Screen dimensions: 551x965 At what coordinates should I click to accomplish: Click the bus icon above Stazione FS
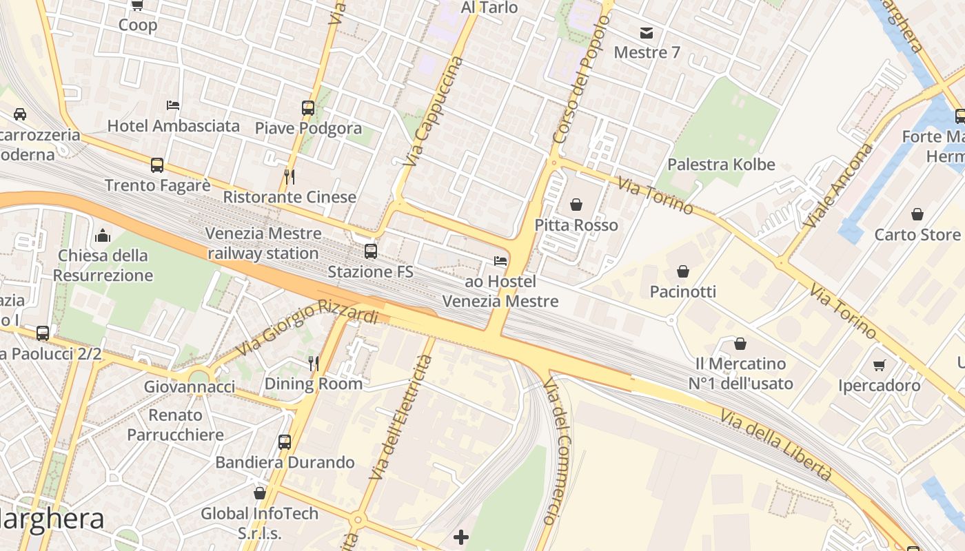[371, 251]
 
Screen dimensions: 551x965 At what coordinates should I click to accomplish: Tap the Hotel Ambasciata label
[174, 126]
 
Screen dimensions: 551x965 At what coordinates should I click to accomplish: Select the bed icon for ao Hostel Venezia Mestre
[500, 261]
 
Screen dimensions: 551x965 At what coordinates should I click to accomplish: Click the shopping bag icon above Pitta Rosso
[576, 205]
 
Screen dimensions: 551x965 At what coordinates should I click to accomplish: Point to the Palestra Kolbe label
[721, 165]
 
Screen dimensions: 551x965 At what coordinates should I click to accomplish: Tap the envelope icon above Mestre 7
[647, 32]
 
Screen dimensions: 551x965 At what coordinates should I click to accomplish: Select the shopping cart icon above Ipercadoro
[879, 365]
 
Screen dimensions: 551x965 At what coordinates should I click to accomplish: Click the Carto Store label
[917, 235]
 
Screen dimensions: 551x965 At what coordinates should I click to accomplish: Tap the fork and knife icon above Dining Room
[314, 363]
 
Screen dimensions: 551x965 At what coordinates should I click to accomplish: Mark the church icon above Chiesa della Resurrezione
[103, 236]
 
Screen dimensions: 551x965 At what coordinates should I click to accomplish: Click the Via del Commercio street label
[557, 450]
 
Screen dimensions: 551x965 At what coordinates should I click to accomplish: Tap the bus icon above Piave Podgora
[308, 108]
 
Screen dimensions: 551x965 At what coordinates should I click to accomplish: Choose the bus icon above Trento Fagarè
[157, 165]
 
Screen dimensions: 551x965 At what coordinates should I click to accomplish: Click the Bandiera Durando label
[285, 462]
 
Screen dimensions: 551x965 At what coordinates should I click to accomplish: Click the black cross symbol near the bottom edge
[461, 537]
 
